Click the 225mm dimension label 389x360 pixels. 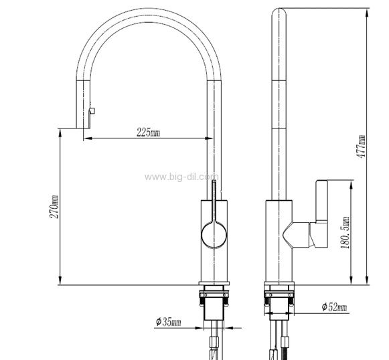tap(148, 132)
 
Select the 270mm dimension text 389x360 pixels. tap(54, 207)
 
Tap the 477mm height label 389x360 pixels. tap(361, 147)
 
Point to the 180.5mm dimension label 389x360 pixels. tap(345, 233)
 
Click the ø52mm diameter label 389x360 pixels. tap(334, 307)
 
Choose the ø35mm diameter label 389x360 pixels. tap(168, 322)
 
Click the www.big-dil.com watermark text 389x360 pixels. tap(181, 177)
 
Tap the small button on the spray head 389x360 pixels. tap(92, 111)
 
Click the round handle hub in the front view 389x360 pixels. tap(214, 235)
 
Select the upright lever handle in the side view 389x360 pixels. tap(321, 201)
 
